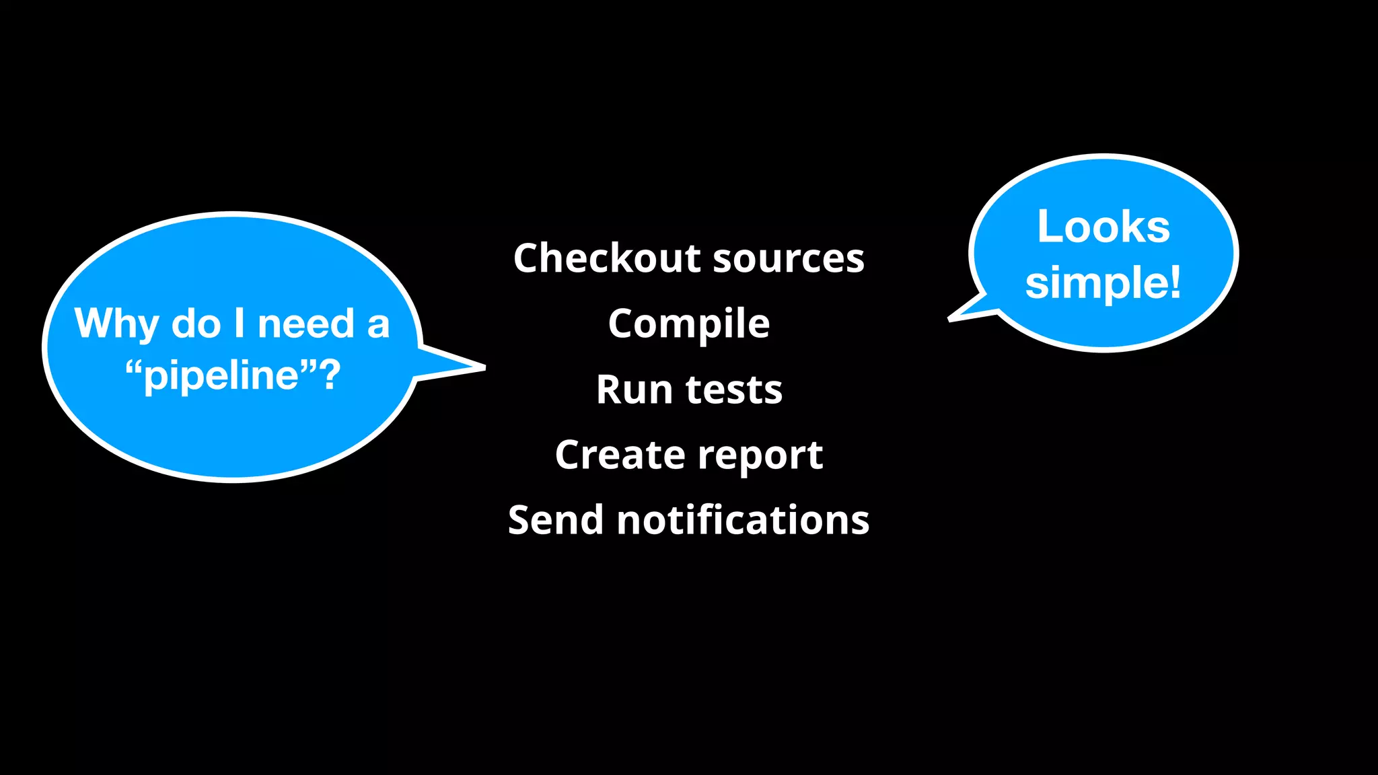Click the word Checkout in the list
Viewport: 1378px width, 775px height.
tap(608, 258)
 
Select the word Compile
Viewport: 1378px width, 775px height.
tap(689, 324)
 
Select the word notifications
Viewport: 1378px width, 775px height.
tap(743, 520)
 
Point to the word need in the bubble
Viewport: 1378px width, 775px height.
tap(306, 324)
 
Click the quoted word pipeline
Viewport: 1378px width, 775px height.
tap(221, 376)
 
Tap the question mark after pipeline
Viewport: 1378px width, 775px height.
tap(330, 375)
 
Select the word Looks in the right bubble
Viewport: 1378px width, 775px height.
tap(1103, 227)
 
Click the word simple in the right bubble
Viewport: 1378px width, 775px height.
tap(1096, 283)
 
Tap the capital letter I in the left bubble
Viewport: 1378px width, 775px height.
tap(239, 323)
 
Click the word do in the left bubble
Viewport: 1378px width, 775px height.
tap(196, 324)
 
